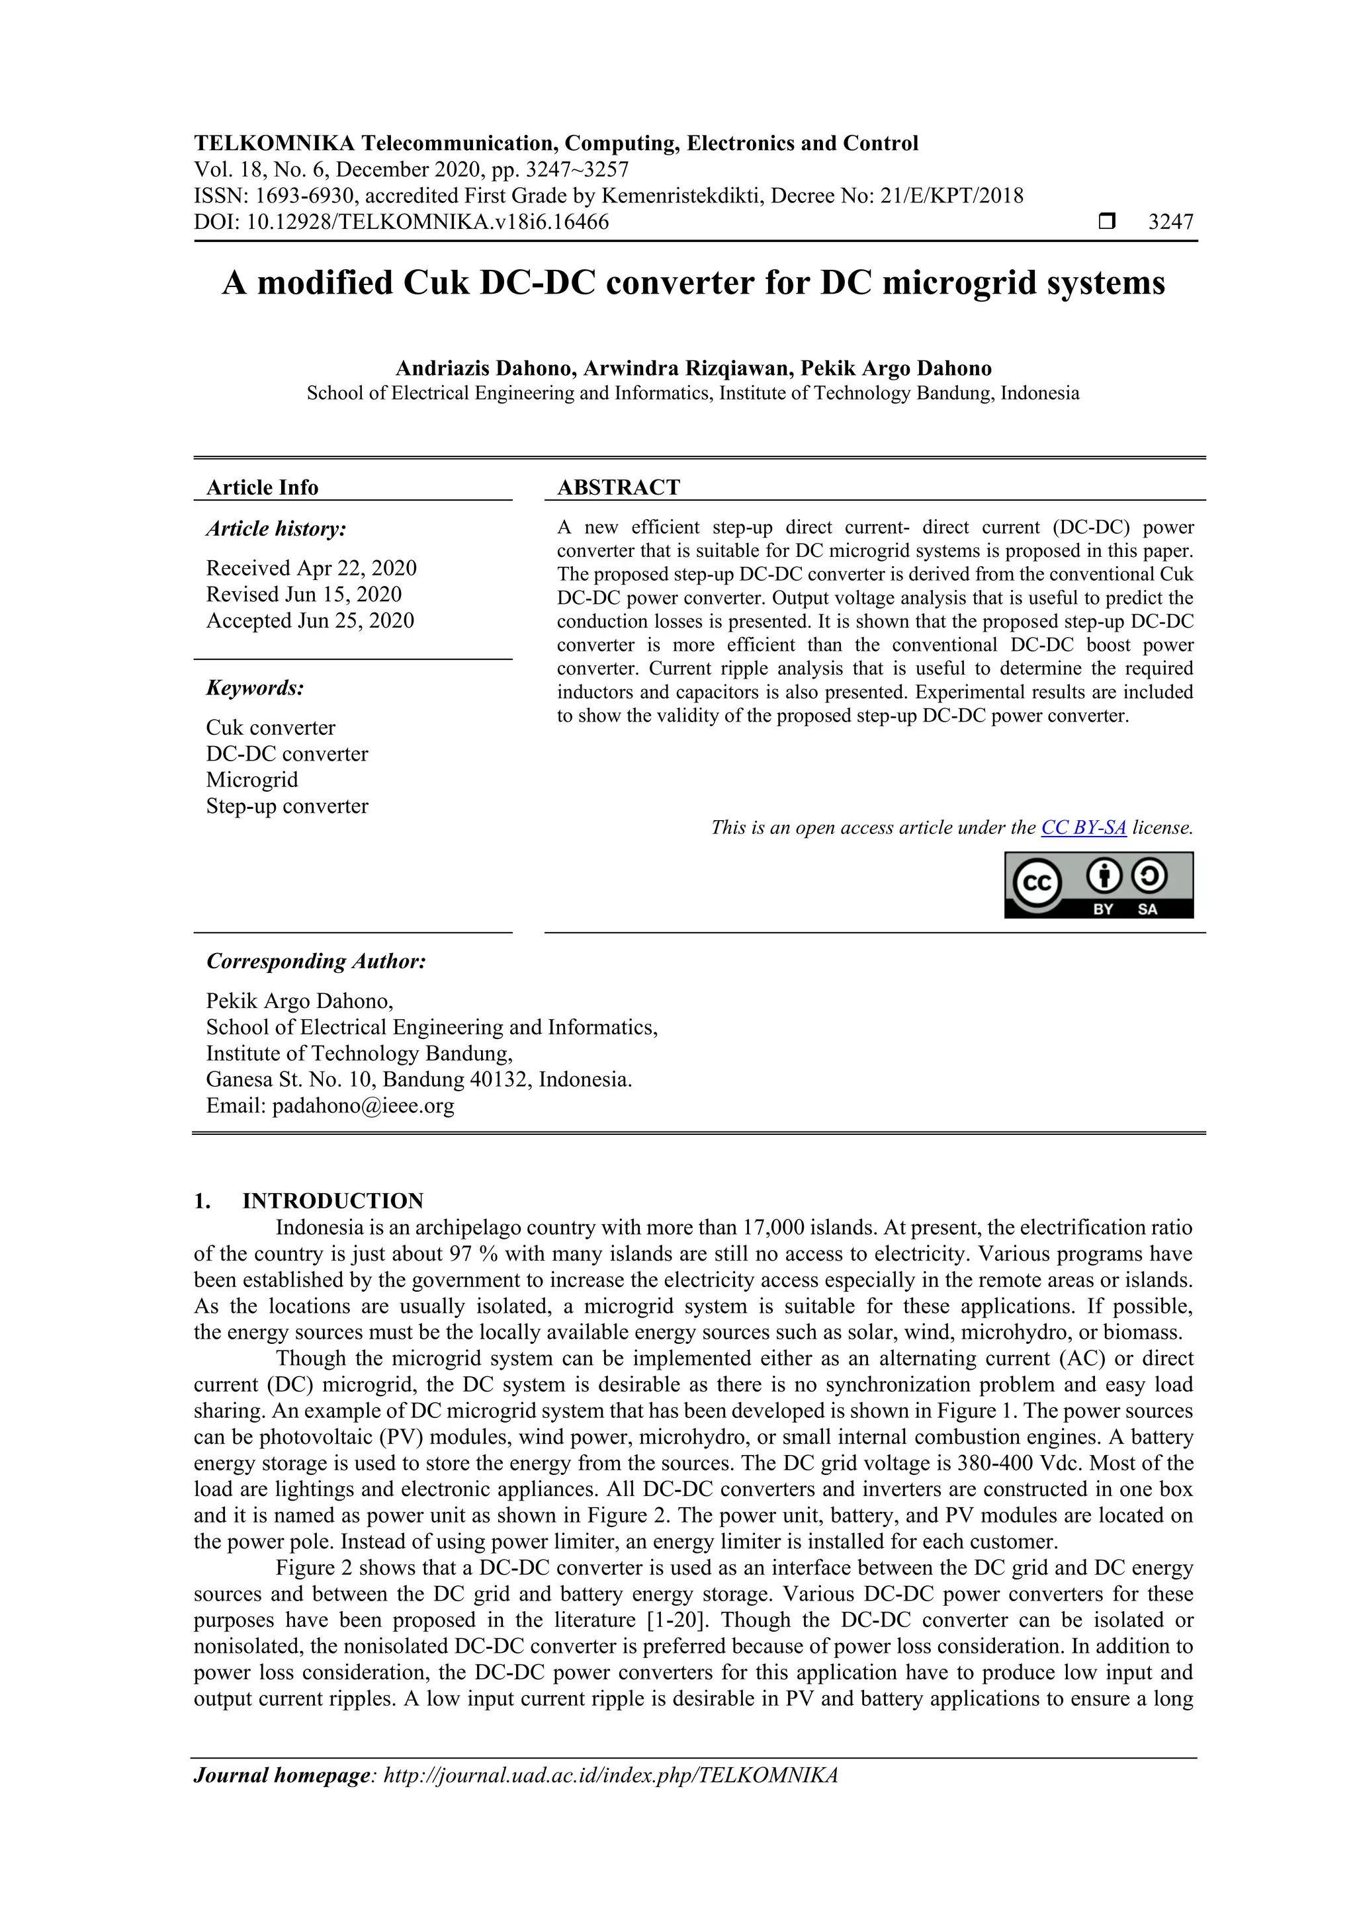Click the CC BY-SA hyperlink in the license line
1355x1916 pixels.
(x=1083, y=828)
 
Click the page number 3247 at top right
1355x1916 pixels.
(x=1170, y=222)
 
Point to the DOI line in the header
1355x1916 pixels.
(x=401, y=222)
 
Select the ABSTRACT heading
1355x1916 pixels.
(x=618, y=487)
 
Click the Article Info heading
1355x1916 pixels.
(x=262, y=487)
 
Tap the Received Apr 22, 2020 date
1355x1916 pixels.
(x=312, y=568)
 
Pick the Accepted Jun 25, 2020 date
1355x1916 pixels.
(x=310, y=621)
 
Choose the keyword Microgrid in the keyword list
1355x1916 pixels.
(x=252, y=780)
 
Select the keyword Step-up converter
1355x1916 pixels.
(x=287, y=806)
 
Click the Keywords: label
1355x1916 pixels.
(x=255, y=688)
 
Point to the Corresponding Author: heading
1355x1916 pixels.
(x=316, y=962)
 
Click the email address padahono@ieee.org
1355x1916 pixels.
(x=363, y=1106)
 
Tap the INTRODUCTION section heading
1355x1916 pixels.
(x=332, y=1201)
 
